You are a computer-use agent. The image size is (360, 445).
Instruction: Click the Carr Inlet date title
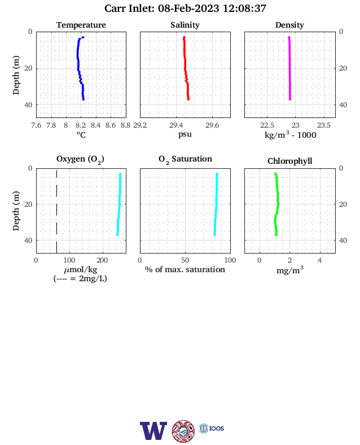coord(185,8)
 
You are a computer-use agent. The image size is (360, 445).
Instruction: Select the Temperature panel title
coord(81,25)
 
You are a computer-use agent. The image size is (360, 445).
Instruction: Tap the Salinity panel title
coord(185,25)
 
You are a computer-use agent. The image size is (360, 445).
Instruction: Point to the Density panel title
coord(289,25)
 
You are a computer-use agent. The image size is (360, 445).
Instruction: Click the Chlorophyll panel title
coord(289,161)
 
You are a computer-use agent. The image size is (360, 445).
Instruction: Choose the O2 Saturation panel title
coord(185,159)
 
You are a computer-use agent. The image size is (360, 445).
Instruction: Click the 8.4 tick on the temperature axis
coord(96,125)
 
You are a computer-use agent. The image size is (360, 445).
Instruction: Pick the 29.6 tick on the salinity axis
coord(212,125)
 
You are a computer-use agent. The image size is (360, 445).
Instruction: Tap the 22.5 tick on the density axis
coord(267,125)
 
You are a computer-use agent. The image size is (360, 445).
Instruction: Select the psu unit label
coord(185,134)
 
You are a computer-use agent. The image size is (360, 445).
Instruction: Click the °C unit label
coord(81,134)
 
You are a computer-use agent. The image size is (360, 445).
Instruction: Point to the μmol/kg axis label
coord(81,269)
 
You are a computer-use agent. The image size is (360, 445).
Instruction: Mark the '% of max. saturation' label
coord(185,269)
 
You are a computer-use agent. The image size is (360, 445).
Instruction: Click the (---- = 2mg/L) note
coord(80,278)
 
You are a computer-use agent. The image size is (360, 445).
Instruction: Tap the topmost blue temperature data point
coord(83,37)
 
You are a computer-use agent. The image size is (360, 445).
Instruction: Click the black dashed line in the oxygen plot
coord(56,211)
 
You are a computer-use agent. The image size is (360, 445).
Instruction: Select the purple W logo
coord(153,431)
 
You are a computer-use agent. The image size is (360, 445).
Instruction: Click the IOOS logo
coord(212,428)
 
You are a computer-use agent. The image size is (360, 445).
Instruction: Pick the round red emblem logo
coord(183,431)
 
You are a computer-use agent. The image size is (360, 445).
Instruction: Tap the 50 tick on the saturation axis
coord(185,260)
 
